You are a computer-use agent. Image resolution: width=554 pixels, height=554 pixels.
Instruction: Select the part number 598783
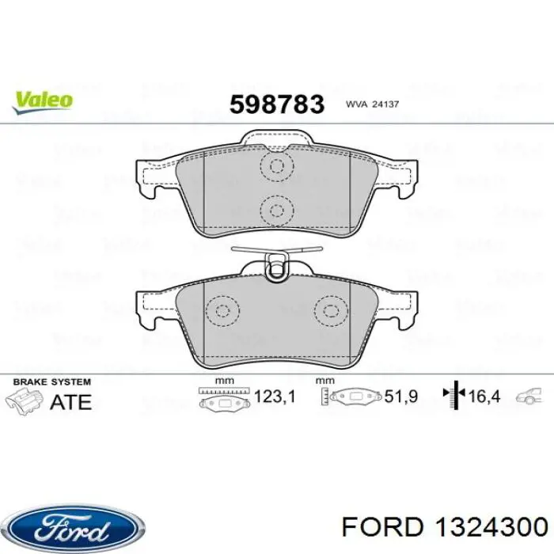click(x=276, y=103)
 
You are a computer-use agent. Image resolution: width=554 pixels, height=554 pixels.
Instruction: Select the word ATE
click(x=71, y=401)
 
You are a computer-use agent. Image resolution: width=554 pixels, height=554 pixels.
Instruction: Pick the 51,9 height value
click(x=402, y=397)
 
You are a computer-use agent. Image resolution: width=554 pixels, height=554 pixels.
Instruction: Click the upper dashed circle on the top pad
click(x=276, y=167)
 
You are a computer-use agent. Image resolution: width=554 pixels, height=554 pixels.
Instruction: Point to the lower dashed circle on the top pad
click(x=276, y=210)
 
